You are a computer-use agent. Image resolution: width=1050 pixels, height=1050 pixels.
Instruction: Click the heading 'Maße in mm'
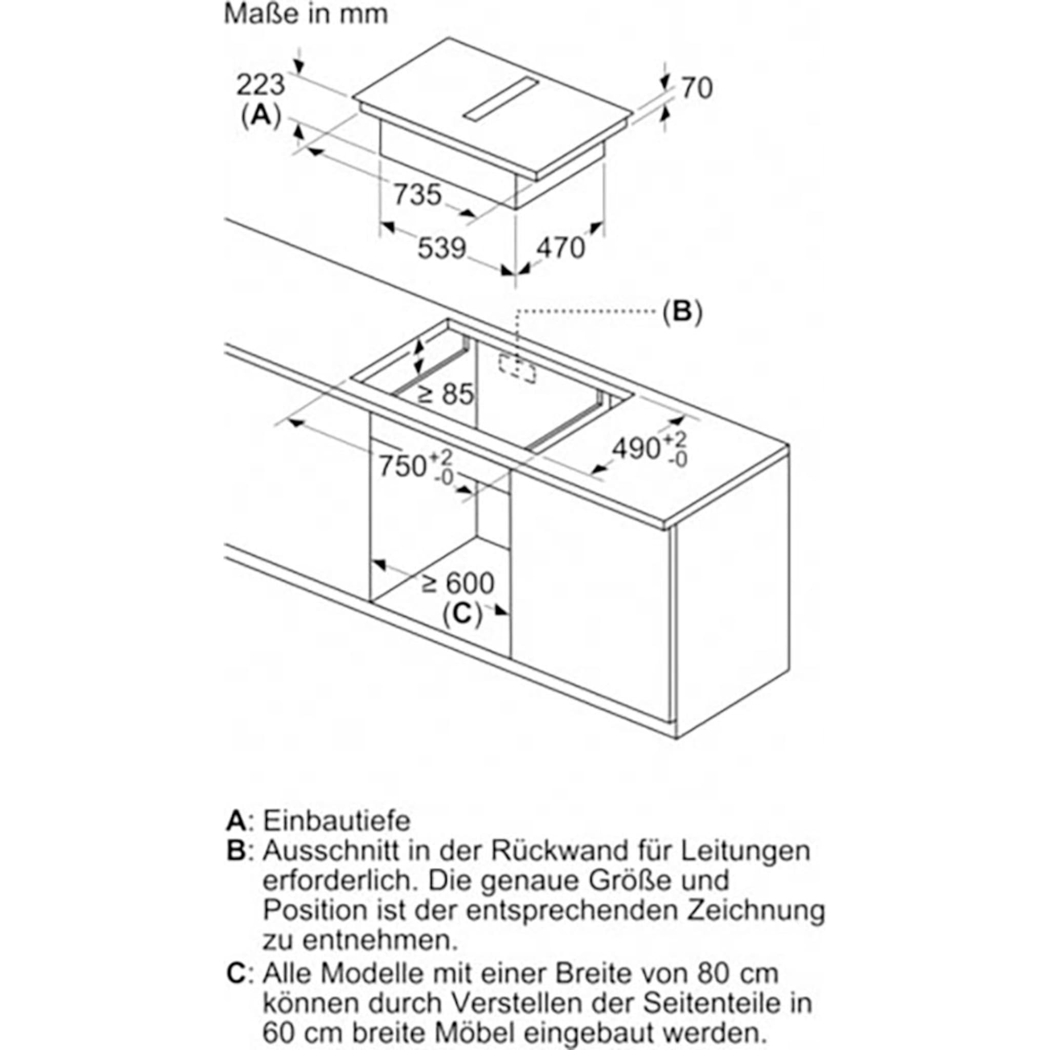coord(306,15)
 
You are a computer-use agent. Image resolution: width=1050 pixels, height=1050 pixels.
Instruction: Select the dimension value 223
coord(261,84)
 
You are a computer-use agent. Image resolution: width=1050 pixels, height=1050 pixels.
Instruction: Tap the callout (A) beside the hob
coord(261,116)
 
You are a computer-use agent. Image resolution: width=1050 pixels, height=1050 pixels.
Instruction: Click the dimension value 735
coord(417,194)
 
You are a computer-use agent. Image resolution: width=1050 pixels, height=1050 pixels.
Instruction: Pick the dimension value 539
coord(442,248)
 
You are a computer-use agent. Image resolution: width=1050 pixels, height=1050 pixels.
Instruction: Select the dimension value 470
coord(560,248)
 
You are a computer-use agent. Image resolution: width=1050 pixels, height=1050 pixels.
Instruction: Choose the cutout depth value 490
coord(636,449)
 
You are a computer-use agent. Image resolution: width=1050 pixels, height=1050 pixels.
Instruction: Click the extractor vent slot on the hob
coord(500,98)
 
